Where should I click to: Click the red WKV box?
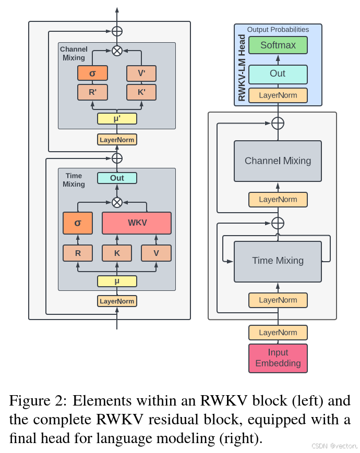point(137,223)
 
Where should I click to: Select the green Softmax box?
point(278,45)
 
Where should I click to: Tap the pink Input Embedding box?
point(278,358)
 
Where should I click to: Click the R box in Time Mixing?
point(78,253)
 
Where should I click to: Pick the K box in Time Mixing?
point(117,253)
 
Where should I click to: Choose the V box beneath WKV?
point(156,253)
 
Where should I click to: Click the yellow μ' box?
point(117,118)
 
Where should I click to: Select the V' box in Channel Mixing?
point(141,74)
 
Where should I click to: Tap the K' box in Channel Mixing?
point(141,92)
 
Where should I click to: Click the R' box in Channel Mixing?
point(92,92)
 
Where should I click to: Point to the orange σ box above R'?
point(92,74)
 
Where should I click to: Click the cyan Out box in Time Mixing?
point(117,178)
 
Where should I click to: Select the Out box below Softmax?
point(278,74)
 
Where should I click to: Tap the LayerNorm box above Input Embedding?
point(278,333)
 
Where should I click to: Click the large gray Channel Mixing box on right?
point(278,161)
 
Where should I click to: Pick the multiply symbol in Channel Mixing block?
point(117,51)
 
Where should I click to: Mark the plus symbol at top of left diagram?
point(117,31)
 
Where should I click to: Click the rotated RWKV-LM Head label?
point(242,68)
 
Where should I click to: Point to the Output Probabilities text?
point(278,30)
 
